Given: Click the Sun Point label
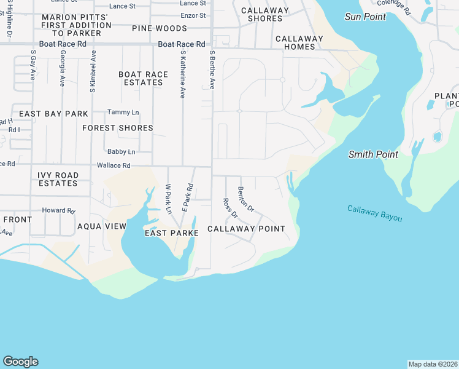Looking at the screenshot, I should pyautogui.click(x=366, y=17).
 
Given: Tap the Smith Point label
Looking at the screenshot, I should pyautogui.click(x=373, y=154).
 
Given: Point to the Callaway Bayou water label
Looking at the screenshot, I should pyautogui.click(x=374, y=213).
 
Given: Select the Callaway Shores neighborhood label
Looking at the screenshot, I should pyautogui.click(x=265, y=15).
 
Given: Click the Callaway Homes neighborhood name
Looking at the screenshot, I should pyautogui.click(x=299, y=42).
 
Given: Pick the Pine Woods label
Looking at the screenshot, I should pyautogui.click(x=160, y=28).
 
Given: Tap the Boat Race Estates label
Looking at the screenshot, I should pyautogui.click(x=143, y=78).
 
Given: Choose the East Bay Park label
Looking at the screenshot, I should pyautogui.click(x=53, y=114).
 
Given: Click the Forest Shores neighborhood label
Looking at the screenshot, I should pyautogui.click(x=118, y=128).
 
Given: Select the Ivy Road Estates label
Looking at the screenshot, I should pyautogui.click(x=58, y=179).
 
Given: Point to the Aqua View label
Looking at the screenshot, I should pyautogui.click(x=102, y=226).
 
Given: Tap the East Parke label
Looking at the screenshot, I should pyautogui.click(x=171, y=233).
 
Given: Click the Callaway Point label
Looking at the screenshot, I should pyautogui.click(x=246, y=229).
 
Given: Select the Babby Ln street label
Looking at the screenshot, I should pyautogui.click(x=121, y=151).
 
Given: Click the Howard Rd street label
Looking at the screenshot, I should pyautogui.click(x=58, y=210).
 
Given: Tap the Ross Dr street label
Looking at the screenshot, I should pyautogui.click(x=230, y=208).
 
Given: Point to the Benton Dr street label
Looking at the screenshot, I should pyautogui.click(x=245, y=199).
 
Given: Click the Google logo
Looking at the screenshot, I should pyautogui.click(x=20, y=362).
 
